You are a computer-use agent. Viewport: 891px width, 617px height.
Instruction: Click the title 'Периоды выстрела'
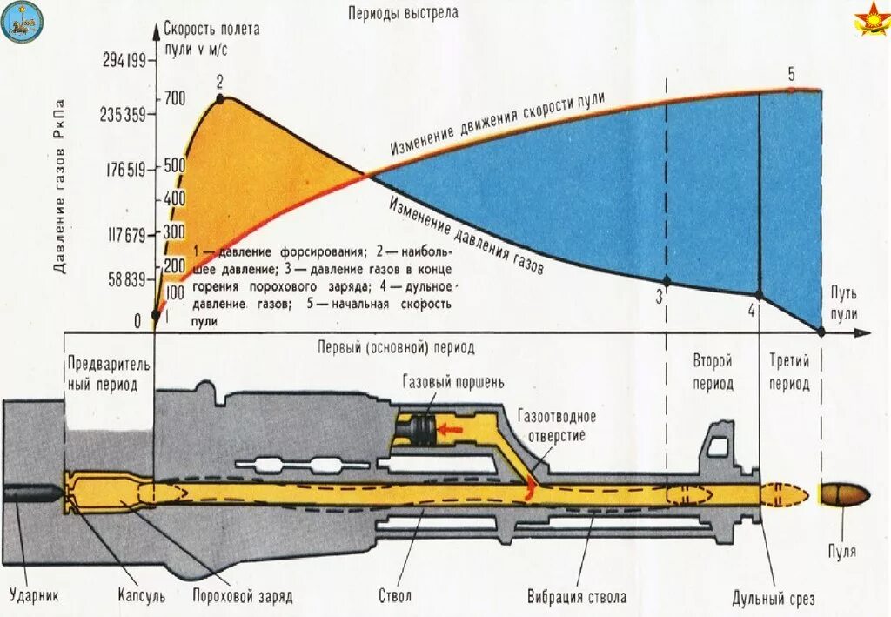(402, 13)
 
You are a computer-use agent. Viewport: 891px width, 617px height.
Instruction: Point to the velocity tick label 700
(174, 99)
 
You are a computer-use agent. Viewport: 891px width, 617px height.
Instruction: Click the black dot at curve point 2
(219, 99)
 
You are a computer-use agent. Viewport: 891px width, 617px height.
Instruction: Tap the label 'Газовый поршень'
(453, 382)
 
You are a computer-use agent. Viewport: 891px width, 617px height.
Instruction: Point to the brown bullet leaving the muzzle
(844, 494)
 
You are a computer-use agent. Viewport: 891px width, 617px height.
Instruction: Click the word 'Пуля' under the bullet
(841, 552)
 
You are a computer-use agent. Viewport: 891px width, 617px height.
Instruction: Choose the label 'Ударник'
(34, 597)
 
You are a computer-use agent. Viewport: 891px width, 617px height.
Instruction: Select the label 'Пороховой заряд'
(242, 597)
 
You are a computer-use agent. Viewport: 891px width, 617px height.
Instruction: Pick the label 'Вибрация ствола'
(576, 597)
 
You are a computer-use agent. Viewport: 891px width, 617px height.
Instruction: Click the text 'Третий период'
(790, 372)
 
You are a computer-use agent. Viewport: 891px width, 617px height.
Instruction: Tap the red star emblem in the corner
(869, 20)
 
